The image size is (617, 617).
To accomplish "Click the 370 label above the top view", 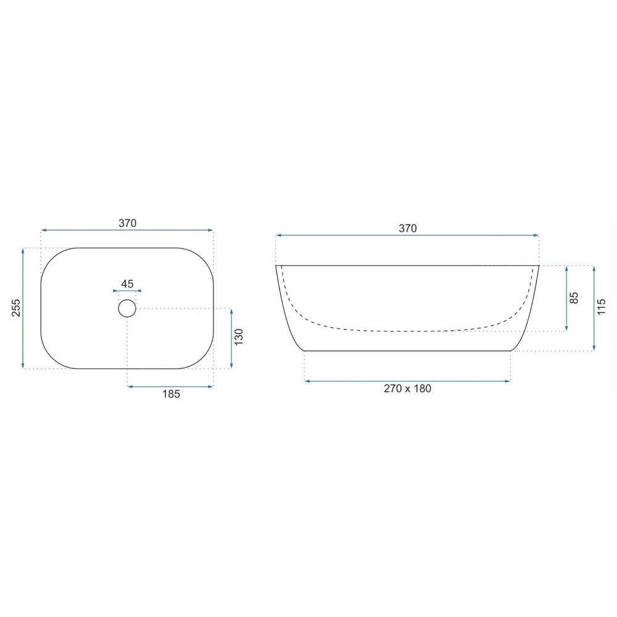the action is tap(128, 223).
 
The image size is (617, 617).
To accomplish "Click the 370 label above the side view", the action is tap(408, 228).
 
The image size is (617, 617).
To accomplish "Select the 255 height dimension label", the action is tap(16, 308).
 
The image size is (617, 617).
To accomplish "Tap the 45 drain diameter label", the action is tap(127, 284).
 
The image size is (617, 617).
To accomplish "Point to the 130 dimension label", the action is tap(239, 337).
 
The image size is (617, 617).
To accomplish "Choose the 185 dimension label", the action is tap(171, 394).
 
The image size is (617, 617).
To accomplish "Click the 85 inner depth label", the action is tap(574, 298).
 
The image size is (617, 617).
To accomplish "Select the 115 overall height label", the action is tap(601, 307).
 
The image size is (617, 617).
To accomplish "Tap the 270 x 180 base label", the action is tap(408, 388).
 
